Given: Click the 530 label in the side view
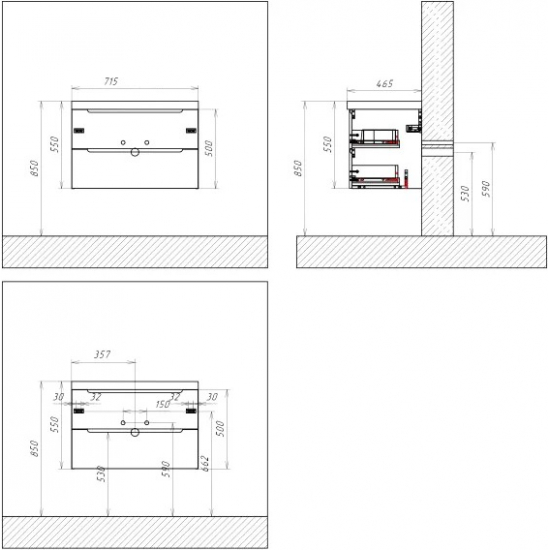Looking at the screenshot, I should (x=465, y=192).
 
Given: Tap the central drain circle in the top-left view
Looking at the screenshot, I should (x=134, y=152).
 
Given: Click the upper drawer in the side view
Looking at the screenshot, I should (x=378, y=134).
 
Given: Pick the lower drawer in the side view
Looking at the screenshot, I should (x=378, y=177).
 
